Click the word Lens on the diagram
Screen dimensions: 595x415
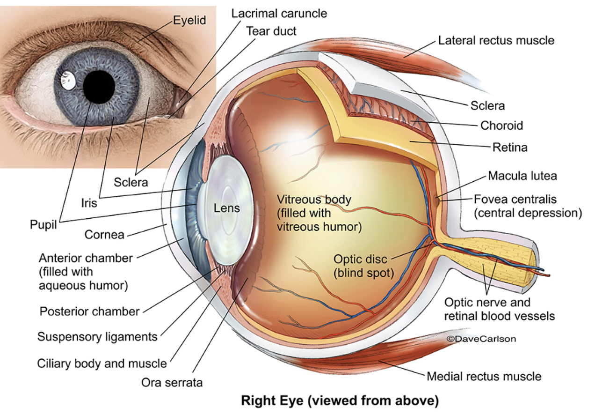pyautogui.click(x=227, y=208)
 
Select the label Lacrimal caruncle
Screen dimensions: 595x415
pyautogui.click(x=279, y=13)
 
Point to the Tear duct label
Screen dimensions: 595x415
pyautogui.click(x=271, y=31)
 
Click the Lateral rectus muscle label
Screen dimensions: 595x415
pyautogui.click(x=496, y=40)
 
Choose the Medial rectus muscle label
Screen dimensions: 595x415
pyautogui.click(x=484, y=376)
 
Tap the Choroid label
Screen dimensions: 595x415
pyautogui.click(x=501, y=126)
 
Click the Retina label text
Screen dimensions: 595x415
pyautogui.click(x=510, y=147)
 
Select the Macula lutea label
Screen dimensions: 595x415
pyautogui.click(x=522, y=176)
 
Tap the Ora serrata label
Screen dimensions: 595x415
pyautogui.click(x=172, y=382)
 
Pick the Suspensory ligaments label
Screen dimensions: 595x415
pyautogui.click(x=97, y=336)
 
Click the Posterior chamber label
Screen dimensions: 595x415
pyautogui.click(x=89, y=311)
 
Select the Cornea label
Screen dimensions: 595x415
pyautogui.click(x=104, y=234)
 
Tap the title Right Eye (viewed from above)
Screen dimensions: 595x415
pyautogui.click(x=339, y=401)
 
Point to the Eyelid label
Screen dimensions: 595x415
pyautogui.click(x=189, y=21)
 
